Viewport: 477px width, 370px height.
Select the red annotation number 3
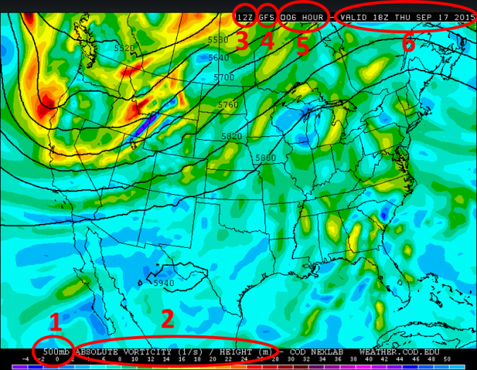[x=241, y=42]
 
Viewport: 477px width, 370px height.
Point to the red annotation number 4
[x=267, y=42]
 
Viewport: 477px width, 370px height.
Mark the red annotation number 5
[x=302, y=44]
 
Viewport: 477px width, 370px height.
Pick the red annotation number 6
[x=408, y=43]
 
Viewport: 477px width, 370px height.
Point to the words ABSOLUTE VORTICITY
[x=124, y=351]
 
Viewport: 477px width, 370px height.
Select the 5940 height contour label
[x=163, y=283]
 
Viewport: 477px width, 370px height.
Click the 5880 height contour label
[x=266, y=158]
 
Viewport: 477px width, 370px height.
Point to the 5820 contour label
[x=231, y=136]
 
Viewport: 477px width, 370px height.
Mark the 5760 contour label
[x=228, y=105]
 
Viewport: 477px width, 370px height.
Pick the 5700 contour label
[x=224, y=77]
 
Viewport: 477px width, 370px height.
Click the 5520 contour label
[x=124, y=47]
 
